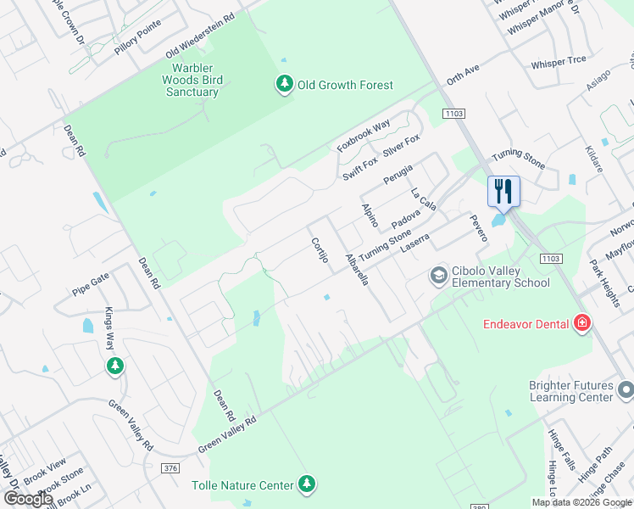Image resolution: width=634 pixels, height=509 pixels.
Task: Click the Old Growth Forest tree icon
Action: coord(283,84)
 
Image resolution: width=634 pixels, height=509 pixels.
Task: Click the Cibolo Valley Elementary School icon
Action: coord(438,275)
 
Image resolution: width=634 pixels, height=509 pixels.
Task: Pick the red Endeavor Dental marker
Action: coord(581,322)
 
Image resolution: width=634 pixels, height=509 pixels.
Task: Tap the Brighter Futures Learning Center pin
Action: coord(626,389)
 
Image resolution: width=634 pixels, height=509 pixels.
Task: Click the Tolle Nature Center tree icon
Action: coord(308,484)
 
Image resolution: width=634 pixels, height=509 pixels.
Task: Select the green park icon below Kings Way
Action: coord(114,366)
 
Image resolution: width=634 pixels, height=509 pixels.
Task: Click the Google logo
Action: coord(28,499)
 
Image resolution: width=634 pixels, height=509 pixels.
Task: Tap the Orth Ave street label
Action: coord(464,77)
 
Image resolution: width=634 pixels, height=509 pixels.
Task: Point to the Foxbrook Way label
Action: coord(364,136)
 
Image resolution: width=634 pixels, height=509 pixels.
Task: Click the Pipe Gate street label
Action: coord(91,277)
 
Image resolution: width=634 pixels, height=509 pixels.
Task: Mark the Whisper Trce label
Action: coord(558,64)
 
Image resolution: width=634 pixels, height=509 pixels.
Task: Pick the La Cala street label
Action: coord(423,200)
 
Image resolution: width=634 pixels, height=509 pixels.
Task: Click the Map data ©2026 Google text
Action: coord(581,502)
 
